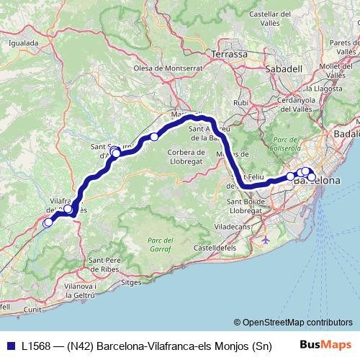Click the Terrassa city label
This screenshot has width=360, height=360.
(230, 54)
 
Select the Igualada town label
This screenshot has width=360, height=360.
(23, 42)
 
